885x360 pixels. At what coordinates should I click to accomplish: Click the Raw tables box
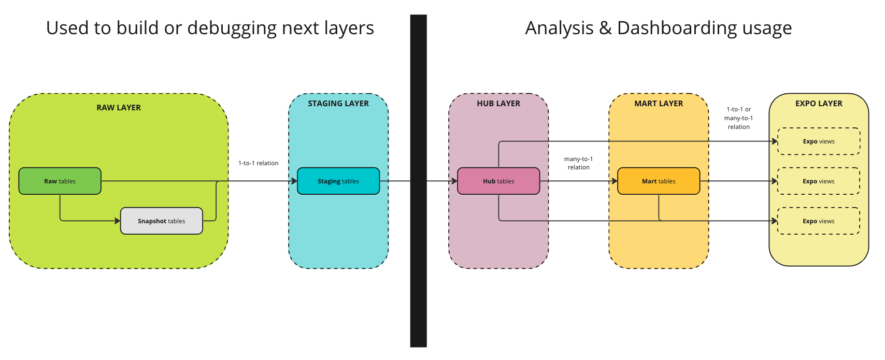point(60,181)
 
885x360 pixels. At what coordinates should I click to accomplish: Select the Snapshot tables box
point(161,221)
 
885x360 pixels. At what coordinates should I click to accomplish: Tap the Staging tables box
point(338,181)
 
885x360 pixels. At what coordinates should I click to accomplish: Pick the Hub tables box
point(498,181)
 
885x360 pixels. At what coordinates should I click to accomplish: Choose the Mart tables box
point(658,181)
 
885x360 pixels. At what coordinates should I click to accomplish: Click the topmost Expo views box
point(819,141)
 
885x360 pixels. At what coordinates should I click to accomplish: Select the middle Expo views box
point(819,181)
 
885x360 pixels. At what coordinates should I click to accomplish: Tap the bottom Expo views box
point(819,221)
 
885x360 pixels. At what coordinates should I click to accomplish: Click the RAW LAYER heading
point(119,108)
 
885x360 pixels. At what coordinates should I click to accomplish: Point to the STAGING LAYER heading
point(338,104)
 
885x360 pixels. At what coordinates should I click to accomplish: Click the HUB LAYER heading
point(498,104)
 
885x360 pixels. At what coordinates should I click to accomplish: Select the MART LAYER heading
point(659,104)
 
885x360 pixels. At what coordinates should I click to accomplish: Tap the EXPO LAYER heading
point(819,104)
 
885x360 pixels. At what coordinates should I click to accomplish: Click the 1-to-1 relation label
point(258,163)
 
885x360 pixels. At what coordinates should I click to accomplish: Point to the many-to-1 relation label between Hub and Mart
point(578,163)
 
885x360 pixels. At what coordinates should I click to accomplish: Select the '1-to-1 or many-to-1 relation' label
point(738,118)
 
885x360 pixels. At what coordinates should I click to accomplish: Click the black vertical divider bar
point(418,181)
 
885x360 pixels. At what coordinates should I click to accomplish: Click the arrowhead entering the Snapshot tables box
point(118,221)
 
